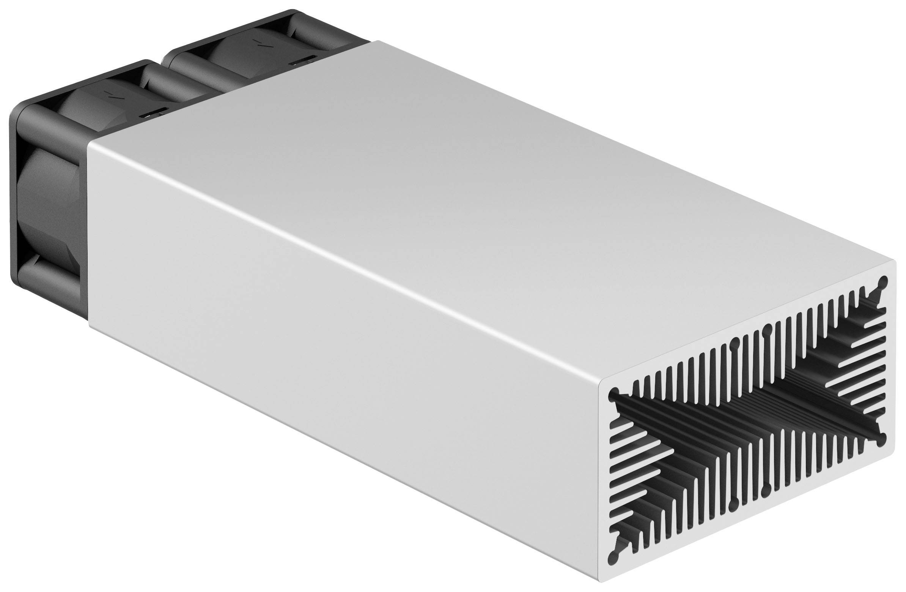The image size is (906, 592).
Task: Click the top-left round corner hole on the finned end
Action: tap(613, 393)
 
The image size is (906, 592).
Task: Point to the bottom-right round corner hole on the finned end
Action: tap(882, 441)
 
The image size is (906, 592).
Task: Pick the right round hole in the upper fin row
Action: tap(767, 329)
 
